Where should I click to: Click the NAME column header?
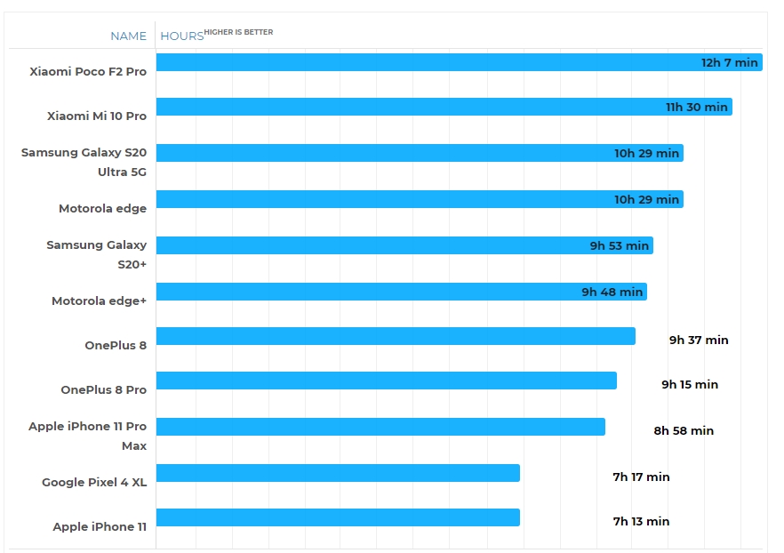coord(128,36)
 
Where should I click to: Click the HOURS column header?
coord(181,36)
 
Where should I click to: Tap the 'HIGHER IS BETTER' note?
coord(239,32)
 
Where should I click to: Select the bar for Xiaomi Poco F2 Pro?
coord(427,62)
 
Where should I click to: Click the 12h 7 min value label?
coord(729,62)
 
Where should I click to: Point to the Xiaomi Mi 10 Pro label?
coord(97,116)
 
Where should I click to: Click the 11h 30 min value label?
coord(697,107)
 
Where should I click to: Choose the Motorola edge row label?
coord(102,208)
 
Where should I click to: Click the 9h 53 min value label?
coord(620,245)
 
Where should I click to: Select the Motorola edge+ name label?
coord(99,301)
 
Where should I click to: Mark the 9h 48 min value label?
coord(612,292)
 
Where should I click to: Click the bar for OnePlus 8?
coord(396,336)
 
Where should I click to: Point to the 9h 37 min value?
coord(699,340)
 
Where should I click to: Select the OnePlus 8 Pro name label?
coord(103,389)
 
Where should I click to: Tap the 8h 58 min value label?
coord(684,430)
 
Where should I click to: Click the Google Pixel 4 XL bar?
coord(338,473)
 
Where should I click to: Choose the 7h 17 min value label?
coord(641,477)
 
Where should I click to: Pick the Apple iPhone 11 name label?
coord(100,526)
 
